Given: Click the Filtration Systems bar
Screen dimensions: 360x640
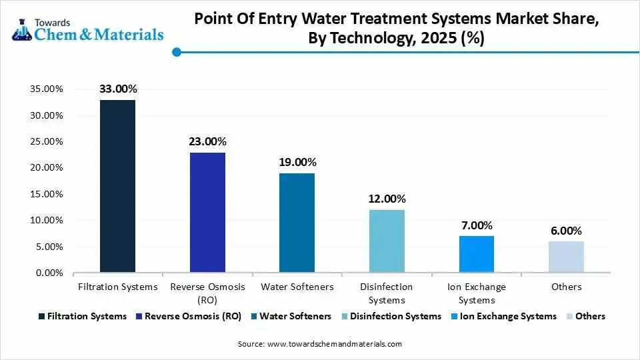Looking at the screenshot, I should [117, 186].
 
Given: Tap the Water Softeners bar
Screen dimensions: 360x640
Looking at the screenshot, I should [297, 223].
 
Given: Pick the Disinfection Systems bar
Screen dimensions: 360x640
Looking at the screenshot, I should [387, 241].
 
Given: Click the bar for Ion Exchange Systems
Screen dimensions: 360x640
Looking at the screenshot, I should [476, 254].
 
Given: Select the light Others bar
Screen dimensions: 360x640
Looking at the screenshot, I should [566, 257].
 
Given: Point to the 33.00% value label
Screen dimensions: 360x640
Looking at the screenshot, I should [118, 89].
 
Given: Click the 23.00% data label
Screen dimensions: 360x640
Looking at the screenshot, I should [207, 141].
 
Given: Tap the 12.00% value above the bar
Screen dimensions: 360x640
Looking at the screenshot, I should [387, 199].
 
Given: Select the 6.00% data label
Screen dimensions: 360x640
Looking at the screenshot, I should [566, 231].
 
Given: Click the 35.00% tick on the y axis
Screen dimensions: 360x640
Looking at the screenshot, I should [45, 89].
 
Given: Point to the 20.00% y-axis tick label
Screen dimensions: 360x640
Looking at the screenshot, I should [45, 168].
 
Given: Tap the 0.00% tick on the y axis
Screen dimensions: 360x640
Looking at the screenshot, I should [47, 273].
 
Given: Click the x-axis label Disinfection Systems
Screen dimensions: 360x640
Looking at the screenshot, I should [387, 293].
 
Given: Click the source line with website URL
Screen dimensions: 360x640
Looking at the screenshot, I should [320, 344].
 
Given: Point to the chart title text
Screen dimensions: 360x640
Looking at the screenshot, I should [396, 29].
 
